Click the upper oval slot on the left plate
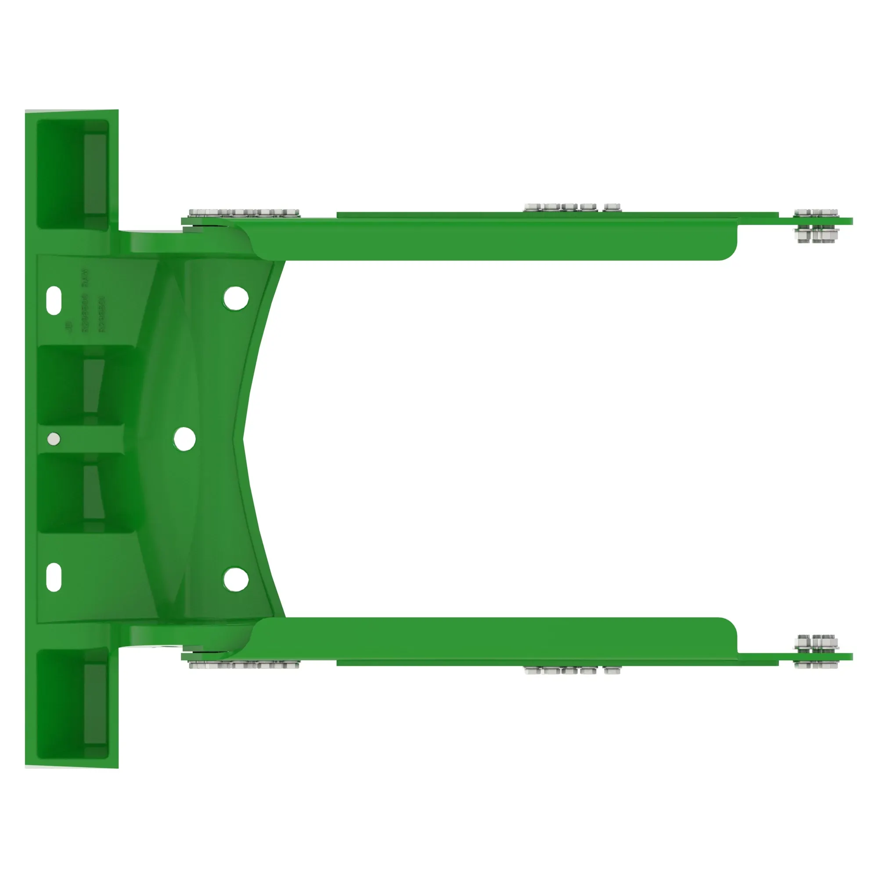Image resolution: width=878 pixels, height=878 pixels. coord(54,300)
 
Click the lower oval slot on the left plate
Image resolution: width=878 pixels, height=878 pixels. coord(54,577)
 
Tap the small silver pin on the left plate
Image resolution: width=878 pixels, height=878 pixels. coord(54,439)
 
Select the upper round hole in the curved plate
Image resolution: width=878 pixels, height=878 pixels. coord(236,298)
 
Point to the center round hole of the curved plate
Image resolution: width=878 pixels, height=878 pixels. coord(184,439)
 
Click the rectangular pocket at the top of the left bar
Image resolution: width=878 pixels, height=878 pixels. coord(73,174)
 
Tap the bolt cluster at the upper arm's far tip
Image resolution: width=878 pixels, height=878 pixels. coord(816,225)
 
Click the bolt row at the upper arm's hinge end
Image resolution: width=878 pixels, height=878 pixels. coord(244,212)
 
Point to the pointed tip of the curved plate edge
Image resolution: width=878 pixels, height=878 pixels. coord(245,439)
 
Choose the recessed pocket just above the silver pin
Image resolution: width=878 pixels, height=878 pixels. coord(86,385)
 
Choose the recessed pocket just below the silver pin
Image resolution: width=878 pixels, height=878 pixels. coord(86,493)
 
